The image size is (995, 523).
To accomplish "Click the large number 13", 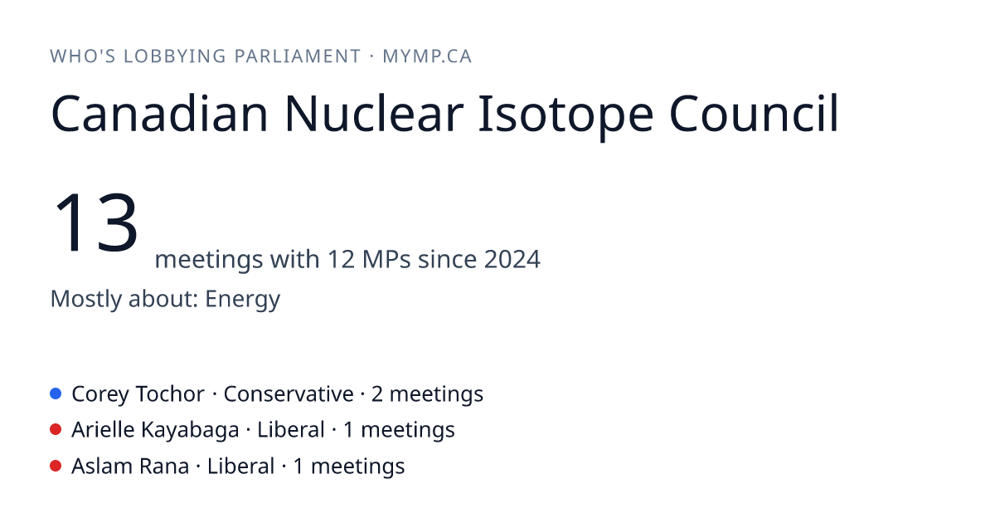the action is [95, 222].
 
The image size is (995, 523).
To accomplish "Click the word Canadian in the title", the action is [160, 114].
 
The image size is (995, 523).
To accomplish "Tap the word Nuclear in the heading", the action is [374, 114].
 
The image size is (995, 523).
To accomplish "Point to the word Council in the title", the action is [754, 114].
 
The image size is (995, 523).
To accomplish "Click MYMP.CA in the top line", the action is [427, 56].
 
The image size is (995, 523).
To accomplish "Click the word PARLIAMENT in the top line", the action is [297, 56].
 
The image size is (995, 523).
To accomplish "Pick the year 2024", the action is [512, 259].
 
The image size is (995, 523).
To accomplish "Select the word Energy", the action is [242, 300].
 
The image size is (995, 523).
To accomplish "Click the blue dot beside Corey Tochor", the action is [56, 393].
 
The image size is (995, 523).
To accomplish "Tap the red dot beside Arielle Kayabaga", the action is [56, 430].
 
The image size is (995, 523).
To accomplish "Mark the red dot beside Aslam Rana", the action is [56, 466].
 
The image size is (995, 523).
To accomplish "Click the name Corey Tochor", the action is [138, 394].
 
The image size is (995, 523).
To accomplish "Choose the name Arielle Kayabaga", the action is [155, 431].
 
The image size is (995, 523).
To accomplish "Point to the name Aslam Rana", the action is [130, 467].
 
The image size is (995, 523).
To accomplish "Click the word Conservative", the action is [289, 394].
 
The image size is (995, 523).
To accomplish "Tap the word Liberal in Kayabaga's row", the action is [290, 430].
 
